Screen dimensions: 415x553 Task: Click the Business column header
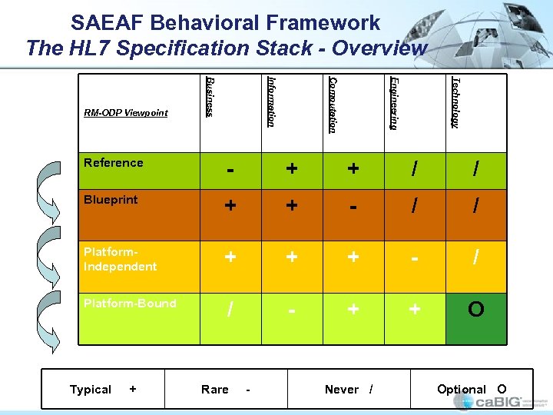click(x=210, y=97)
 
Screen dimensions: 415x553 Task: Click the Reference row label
click(x=114, y=162)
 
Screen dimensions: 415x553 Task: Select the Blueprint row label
click(x=111, y=199)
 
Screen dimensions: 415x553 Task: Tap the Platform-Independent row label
click(x=120, y=260)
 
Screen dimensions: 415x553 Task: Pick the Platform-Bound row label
click(x=130, y=303)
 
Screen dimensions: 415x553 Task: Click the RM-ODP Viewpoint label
click(x=126, y=113)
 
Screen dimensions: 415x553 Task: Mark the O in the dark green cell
click(x=476, y=309)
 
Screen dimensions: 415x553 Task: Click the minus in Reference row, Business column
click(x=230, y=170)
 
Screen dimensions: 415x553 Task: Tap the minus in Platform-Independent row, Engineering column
click(x=415, y=259)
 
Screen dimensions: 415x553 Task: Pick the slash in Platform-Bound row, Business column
click(x=230, y=310)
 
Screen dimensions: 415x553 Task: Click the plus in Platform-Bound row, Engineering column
click(x=415, y=309)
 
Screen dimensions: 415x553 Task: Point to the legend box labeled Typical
click(x=103, y=390)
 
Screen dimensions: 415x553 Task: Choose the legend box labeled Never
click(x=349, y=390)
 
